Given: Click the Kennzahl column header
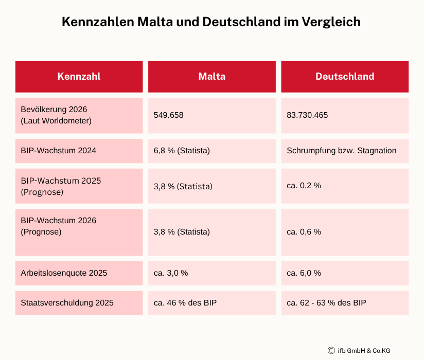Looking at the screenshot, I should (x=79, y=77).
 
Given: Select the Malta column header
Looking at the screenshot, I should (x=211, y=77).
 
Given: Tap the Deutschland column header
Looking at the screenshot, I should (x=344, y=77).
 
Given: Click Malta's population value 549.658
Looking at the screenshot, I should (x=168, y=115).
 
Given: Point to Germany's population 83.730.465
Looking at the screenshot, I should (x=307, y=115).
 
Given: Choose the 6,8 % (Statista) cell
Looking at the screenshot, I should (x=182, y=151).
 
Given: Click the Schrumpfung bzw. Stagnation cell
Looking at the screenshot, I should (x=341, y=151).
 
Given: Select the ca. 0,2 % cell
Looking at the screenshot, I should (x=304, y=186).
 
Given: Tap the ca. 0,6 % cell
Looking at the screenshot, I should (x=304, y=232).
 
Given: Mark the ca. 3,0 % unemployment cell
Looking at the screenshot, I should (x=171, y=273).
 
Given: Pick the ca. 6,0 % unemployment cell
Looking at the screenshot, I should (x=304, y=273).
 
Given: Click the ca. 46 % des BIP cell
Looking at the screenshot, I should (x=185, y=303).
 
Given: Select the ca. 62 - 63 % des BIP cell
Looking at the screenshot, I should (x=326, y=303).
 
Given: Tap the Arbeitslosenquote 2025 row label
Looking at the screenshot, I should (x=64, y=273).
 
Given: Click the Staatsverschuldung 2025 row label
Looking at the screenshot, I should (x=67, y=303).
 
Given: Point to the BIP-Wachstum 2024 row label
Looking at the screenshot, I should (x=58, y=151).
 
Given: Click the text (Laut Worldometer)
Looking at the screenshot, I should (x=56, y=121).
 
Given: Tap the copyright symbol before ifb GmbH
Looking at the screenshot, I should (x=331, y=350).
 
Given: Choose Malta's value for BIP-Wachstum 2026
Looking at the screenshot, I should (x=182, y=232).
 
